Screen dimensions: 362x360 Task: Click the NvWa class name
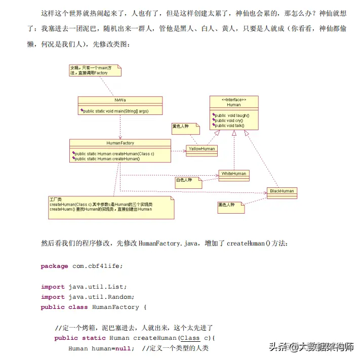click(x=120, y=100)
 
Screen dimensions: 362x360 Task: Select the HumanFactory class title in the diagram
click(x=120, y=143)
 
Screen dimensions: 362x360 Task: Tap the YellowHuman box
click(x=202, y=149)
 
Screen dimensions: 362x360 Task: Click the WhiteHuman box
click(x=233, y=174)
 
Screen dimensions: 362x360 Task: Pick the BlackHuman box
click(x=281, y=191)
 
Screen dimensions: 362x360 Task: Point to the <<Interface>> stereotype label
click(x=234, y=100)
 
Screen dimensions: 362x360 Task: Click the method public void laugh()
click(x=232, y=115)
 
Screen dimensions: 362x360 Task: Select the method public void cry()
click(x=229, y=121)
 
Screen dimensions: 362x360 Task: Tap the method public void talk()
click(x=230, y=125)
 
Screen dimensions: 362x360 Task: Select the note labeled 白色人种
click(x=185, y=180)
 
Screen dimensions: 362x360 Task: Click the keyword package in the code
click(x=54, y=266)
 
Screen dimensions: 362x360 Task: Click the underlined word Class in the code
click(x=190, y=338)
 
